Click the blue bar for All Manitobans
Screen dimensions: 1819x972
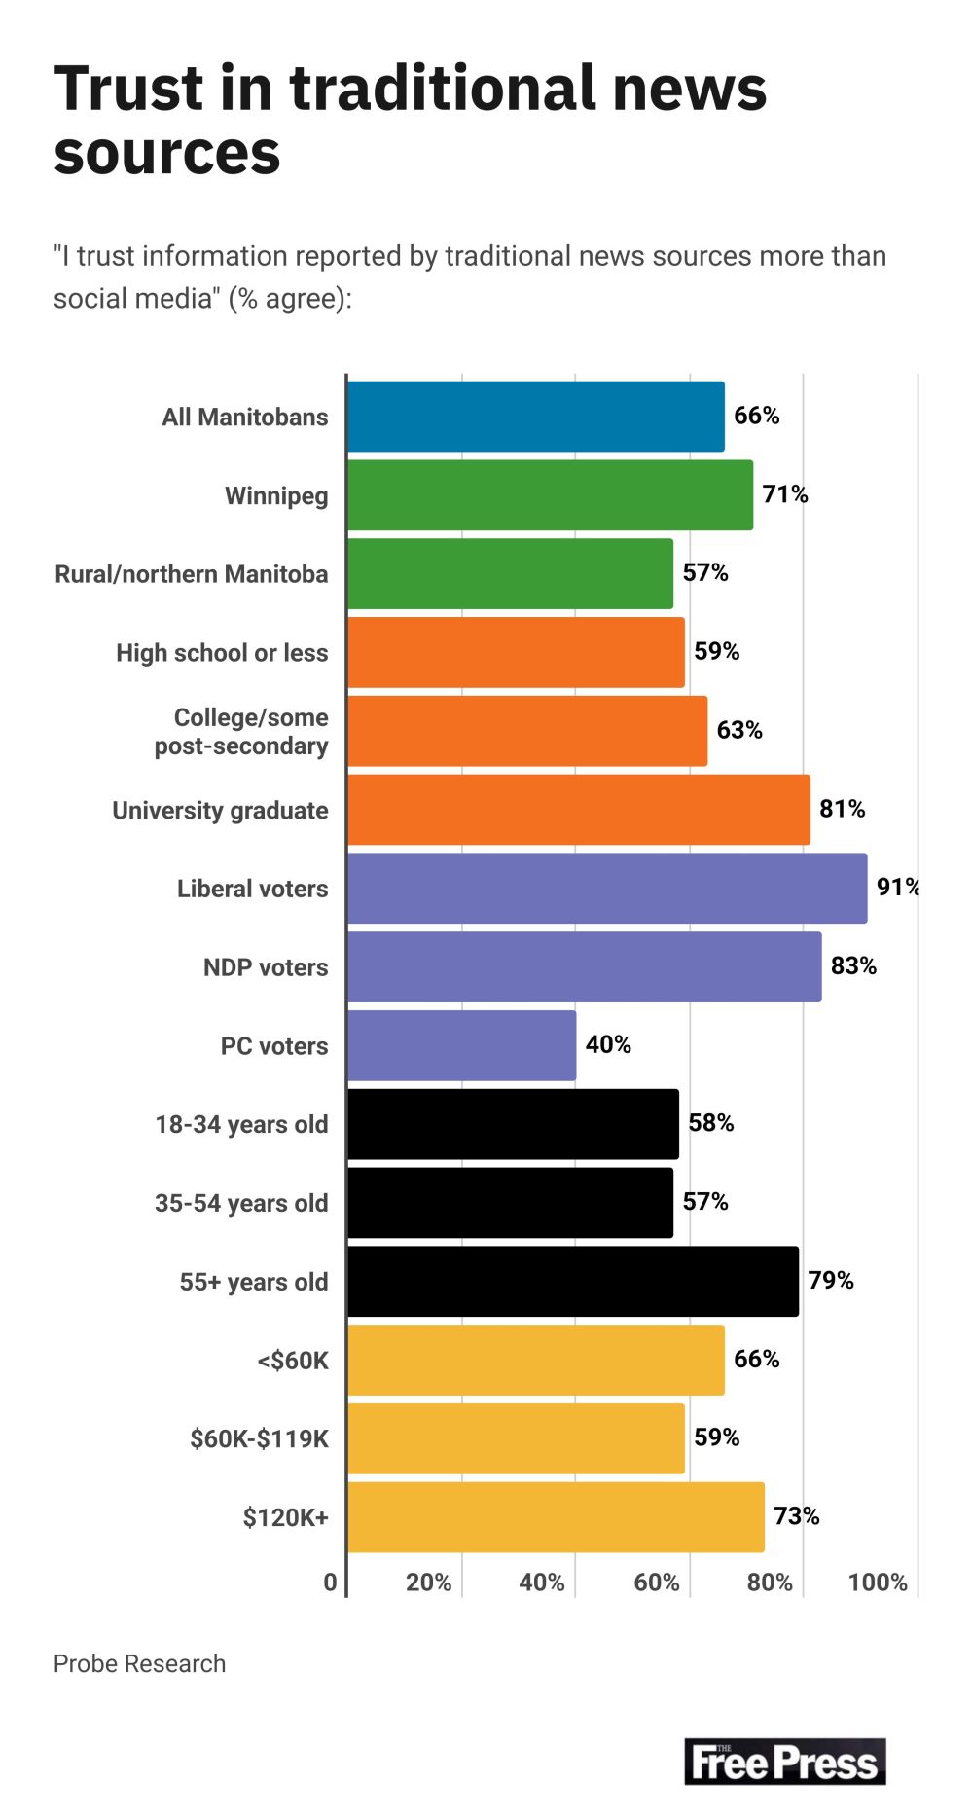[x=535, y=417]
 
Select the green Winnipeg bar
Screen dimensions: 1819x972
[x=550, y=495]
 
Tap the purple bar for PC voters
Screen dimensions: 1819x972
[x=461, y=1045]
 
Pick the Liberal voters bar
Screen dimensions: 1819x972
[x=606, y=889]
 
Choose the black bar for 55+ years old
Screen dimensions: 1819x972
[x=572, y=1281]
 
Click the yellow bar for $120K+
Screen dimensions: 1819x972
[x=555, y=1516]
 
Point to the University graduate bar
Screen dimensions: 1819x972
[x=578, y=810]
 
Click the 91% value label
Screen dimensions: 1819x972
[x=897, y=887]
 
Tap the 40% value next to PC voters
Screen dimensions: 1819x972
[x=608, y=1044]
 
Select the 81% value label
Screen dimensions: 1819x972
[x=842, y=809]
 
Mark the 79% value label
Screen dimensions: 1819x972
[x=830, y=1280]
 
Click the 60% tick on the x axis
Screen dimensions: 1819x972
[x=656, y=1583]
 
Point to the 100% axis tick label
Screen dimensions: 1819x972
[x=877, y=1583]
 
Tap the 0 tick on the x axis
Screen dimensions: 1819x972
[x=330, y=1583]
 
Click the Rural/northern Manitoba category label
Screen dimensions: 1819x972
[x=192, y=574]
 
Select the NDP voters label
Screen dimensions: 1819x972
[x=266, y=967]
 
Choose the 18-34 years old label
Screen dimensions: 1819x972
[x=241, y=1124]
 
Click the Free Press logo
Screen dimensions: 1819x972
[x=784, y=1762]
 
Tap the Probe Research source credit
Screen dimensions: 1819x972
[x=139, y=1664]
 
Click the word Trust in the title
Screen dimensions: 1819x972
[x=128, y=90]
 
